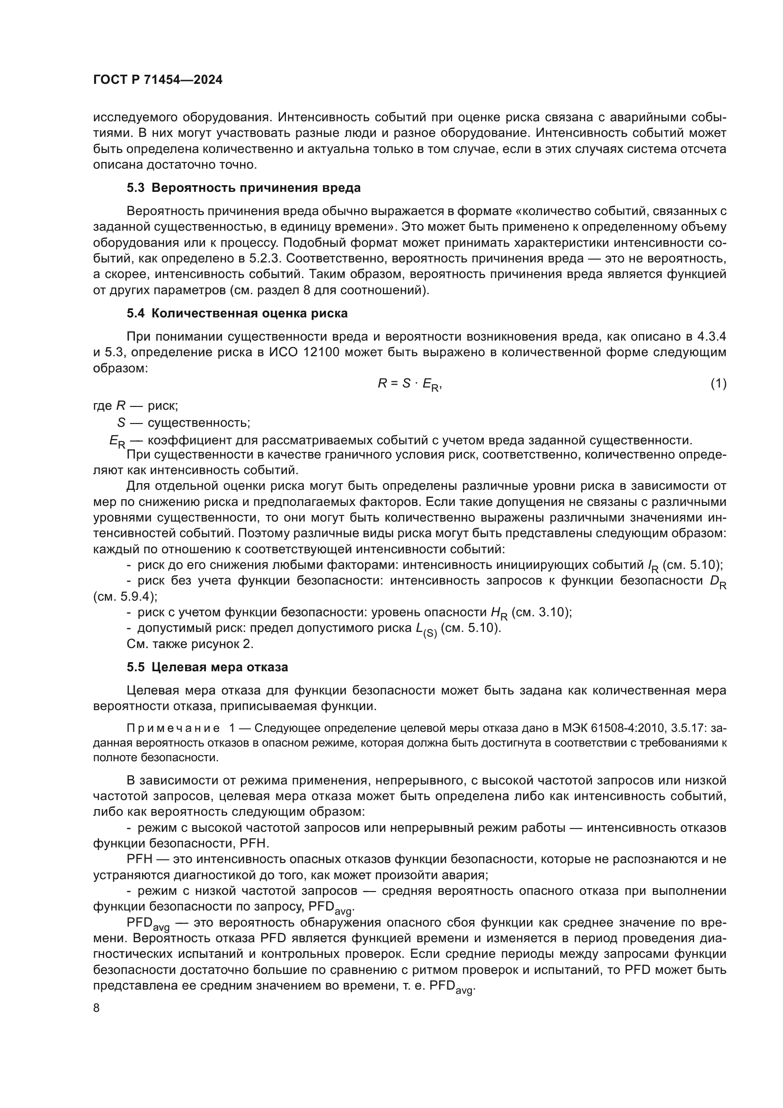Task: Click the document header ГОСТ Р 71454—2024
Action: pos(158,80)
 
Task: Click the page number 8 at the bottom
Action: pos(97,1008)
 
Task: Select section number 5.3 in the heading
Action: pos(135,188)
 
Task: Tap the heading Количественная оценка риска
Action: pos(249,313)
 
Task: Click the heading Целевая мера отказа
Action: pos(219,667)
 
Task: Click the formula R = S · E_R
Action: pos(409,384)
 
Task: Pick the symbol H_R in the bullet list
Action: pos(499,613)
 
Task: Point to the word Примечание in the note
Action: pos(173,728)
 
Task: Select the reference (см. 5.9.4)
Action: pos(125,596)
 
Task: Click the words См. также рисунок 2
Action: pos(190,644)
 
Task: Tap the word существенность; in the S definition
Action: pos(199,423)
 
